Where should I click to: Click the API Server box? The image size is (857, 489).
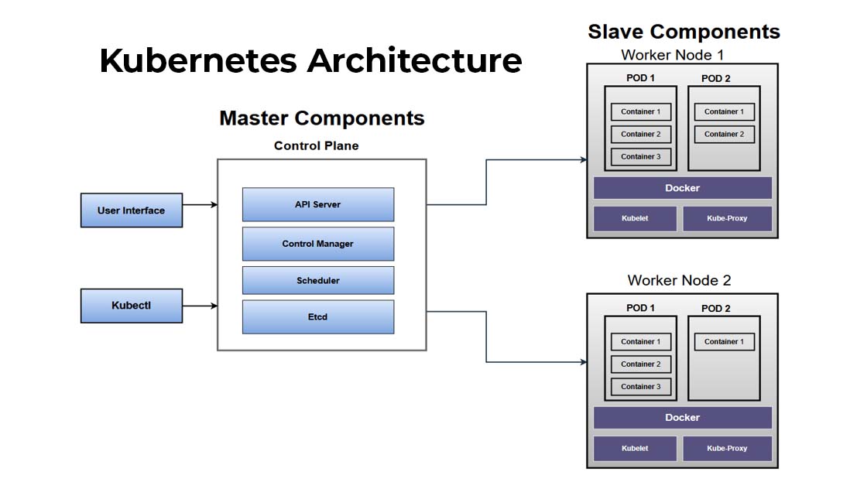pyautogui.click(x=317, y=204)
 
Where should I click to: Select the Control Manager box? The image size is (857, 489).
pyautogui.click(x=317, y=244)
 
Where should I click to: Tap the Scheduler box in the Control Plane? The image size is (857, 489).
pyautogui.click(x=317, y=280)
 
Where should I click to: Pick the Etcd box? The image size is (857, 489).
pyautogui.click(x=317, y=316)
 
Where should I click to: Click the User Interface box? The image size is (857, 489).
pyautogui.click(x=132, y=210)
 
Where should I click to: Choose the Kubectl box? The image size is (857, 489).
pyautogui.click(x=132, y=306)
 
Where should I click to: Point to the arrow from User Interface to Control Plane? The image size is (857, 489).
pyautogui.click(x=200, y=205)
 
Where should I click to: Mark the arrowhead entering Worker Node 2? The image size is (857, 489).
pyautogui.click(x=582, y=361)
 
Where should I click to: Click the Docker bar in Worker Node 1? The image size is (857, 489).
pyautogui.click(x=682, y=188)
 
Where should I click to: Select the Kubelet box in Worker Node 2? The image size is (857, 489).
pyautogui.click(x=635, y=448)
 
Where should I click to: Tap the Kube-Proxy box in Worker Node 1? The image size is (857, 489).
pyautogui.click(x=727, y=218)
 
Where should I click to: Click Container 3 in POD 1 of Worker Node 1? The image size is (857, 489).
pyautogui.click(x=641, y=156)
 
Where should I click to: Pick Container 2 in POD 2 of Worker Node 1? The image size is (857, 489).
pyautogui.click(x=724, y=134)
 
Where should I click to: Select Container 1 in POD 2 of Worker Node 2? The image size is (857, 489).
pyautogui.click(x=724, y=341)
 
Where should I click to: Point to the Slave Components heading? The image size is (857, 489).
pyautogui.click(x=684, y=32)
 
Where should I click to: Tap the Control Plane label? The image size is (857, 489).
pyautogui.click(x=316, y=145)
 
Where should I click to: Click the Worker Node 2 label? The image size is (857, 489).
pyautogui.click(x=679, y=280)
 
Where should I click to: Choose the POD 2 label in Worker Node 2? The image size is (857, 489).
pyautogui.click(x=715, y=308)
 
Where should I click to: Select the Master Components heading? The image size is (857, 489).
pyautogui.click(x=321, y=118)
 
